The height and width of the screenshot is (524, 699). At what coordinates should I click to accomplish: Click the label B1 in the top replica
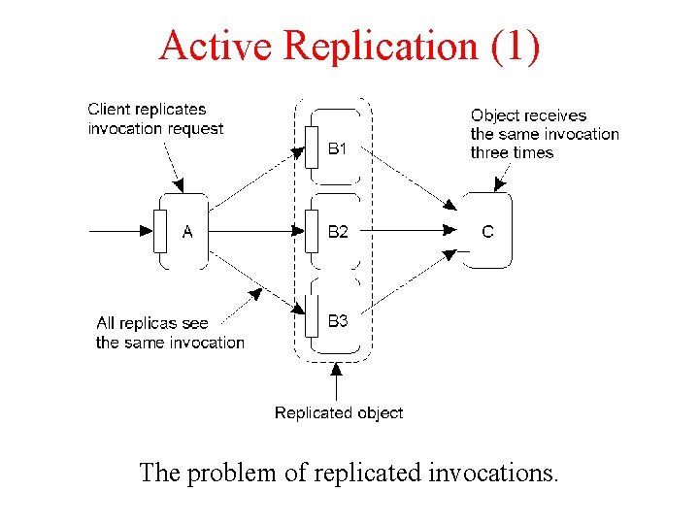[x=337, y=148]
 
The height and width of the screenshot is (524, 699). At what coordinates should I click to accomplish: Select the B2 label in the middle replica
[x=338, y=232]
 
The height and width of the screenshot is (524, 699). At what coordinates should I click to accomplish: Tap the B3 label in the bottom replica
[x=338, y=320]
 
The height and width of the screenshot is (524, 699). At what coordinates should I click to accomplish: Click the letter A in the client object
[x=187, y=232]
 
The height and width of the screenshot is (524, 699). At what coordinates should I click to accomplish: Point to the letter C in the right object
[x=487, y=232]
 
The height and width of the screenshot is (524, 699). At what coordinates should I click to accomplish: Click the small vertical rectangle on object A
[x=160, y=231]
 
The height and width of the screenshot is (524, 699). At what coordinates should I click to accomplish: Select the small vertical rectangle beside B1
[x=312, y=147]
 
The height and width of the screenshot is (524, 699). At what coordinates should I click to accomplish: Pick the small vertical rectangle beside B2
[x=312, y=231]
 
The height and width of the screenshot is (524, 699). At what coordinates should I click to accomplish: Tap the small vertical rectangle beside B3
[x=312, y=315]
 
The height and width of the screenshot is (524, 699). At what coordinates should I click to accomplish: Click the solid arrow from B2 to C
[x=409, y=230]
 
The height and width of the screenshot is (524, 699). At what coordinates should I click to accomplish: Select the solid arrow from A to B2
[x=256, y=231]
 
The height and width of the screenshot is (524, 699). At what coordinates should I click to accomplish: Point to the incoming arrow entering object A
[x=121, y=231]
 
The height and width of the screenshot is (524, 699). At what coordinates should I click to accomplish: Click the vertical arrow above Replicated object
[x=337, y=382]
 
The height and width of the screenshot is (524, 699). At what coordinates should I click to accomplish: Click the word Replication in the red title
[x=382, y=46]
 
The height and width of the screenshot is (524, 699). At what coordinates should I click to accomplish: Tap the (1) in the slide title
[x=516, y=47]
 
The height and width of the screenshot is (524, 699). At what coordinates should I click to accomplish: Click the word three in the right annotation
[x=490, y=153]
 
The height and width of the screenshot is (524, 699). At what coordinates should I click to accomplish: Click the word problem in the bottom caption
[x=231, y=474]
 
